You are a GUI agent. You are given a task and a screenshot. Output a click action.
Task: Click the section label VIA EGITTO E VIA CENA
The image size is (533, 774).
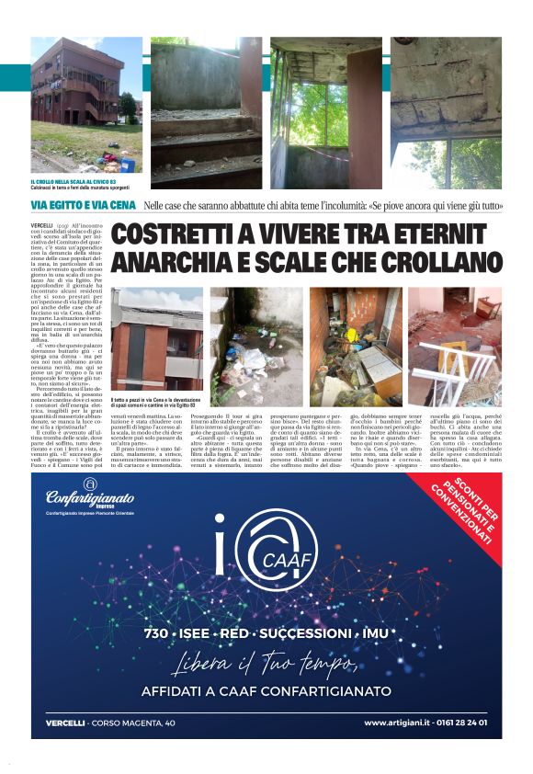click(83, 205)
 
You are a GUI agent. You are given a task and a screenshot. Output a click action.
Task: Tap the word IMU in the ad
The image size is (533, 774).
click(374, 634)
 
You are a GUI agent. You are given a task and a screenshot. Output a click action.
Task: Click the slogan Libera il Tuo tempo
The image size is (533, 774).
click(266, 664)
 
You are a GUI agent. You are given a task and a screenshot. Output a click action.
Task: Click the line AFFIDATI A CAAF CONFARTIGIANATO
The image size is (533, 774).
click(266, 691)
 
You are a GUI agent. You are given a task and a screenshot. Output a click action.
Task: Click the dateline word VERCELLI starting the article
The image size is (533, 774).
click(42, 225)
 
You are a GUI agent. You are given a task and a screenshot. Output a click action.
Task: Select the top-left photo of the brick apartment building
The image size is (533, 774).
click(86, 103)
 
